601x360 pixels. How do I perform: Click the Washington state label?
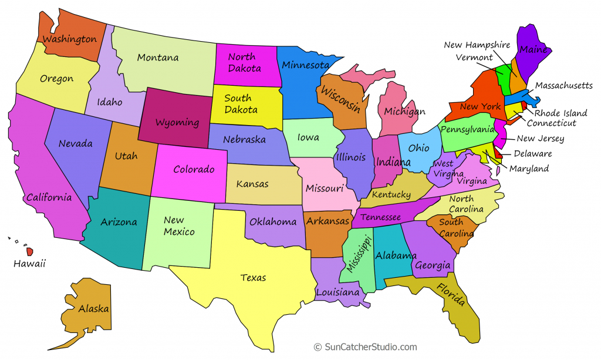69,40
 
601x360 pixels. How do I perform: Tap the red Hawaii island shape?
29,251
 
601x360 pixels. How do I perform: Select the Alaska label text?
93,308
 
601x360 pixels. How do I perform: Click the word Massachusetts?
563,86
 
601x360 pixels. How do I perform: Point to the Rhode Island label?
561,113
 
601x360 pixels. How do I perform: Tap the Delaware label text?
533,154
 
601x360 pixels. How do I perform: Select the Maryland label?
529,169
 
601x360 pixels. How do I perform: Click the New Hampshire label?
477,45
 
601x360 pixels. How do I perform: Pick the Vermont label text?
474,58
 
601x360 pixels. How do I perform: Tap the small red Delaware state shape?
498,154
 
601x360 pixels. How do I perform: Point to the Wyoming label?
177,123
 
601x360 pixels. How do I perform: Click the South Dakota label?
241,104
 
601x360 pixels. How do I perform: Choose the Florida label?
450,294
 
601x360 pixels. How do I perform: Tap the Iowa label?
308,138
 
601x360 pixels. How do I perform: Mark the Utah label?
126,156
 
